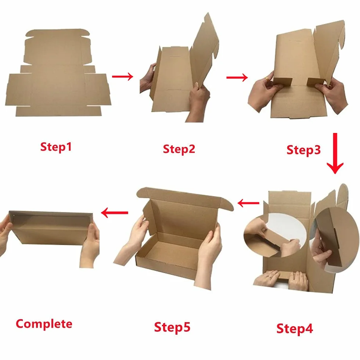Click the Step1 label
(x=56, y=147)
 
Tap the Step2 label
(x=179, y=149)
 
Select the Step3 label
(x=303, y=150)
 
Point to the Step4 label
(x=295, y=328)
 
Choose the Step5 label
(x=172, y=327)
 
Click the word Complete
(x=44, y=324)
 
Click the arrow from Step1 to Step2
(x=123, y=76)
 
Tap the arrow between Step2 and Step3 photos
(x=237, y=78)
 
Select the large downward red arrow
(x=335, y=154)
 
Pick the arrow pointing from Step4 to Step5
(x=248, y=203)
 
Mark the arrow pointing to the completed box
(x=115, y=213)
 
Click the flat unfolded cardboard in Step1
(x=58, y=73)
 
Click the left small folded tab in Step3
(x=282, y=82)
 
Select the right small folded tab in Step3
(x=316, y=82)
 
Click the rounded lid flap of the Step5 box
(x=185, y=199)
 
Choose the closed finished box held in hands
(x=51, y=227)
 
